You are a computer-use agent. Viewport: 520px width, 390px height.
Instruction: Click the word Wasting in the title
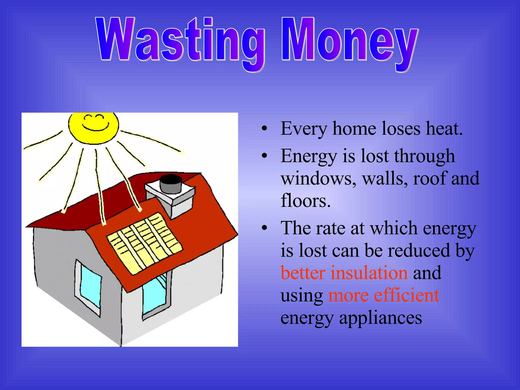tap(180, 41)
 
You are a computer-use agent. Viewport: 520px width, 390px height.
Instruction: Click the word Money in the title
tap(349, 41)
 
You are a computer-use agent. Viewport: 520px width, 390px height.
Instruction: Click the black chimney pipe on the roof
tap(171, 183)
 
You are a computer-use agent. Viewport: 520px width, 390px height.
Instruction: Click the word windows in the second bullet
tap(319, 178)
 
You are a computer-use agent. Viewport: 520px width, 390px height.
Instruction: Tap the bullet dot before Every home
tap(265, 129)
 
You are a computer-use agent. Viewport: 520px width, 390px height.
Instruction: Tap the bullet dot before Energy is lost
tap(265, 156)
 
